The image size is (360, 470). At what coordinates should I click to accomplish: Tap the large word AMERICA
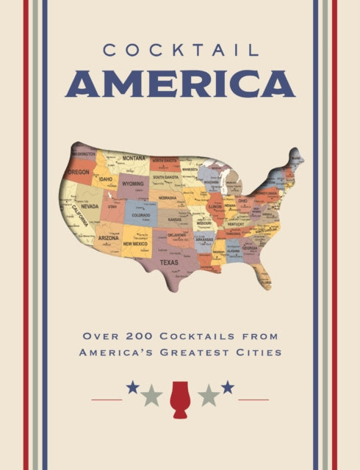[179, 84]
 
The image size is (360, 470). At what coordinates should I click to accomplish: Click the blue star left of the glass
[132, 387]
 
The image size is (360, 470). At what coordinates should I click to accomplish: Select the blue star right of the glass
[228, 387]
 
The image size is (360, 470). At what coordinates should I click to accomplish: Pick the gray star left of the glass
[152, 396]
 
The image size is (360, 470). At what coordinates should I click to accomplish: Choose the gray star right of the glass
[208, 396]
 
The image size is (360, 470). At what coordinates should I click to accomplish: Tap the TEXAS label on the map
[169, 262]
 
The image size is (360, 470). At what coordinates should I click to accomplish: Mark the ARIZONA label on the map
[109, 238]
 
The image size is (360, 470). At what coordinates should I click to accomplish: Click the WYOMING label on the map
[132, 184]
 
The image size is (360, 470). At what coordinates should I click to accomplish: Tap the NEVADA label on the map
[90, 206]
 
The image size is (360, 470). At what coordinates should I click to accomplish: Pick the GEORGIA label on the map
[251, 248]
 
